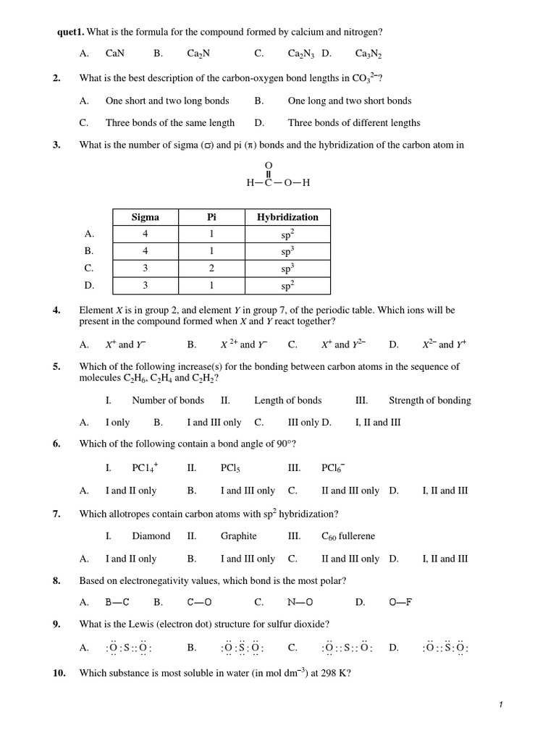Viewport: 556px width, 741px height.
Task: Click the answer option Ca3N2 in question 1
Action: point(368,54)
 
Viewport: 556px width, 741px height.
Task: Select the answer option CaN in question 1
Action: point(115,54)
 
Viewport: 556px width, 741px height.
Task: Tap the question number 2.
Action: point(56,78)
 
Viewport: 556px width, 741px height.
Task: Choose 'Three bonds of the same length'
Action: point(170,123)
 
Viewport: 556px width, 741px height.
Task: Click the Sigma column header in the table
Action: point(145,217)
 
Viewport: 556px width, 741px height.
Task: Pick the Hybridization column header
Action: point(287,217)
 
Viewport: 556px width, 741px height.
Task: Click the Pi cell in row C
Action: point(211,268)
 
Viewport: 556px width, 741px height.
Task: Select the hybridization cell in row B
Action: point(287,251)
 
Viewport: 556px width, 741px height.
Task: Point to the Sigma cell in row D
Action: point(145,285)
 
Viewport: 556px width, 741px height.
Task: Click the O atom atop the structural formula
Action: point(269,166)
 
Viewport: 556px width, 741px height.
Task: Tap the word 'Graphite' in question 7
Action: point(238,536)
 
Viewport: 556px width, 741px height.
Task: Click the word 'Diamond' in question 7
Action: point(151,536)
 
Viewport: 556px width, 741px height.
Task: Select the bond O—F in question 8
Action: point(400,602)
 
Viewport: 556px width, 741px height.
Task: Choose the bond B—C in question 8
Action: point(117,602)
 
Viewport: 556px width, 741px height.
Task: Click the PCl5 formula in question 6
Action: point(230,468)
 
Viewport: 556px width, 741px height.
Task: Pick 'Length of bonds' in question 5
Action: point(287,400)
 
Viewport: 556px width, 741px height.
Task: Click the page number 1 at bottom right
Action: point(500,705)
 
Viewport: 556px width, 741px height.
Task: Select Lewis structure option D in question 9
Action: point(445,648)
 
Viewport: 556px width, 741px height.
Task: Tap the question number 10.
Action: point(59,673)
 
